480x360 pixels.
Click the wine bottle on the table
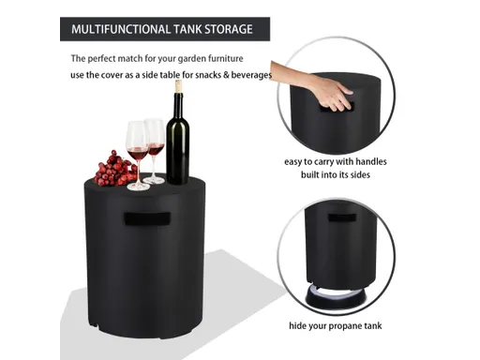[177, 141]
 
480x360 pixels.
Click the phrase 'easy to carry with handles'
[335, 161]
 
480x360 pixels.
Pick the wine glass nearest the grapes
[137, 150]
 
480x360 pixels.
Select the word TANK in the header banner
[188, 29]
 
